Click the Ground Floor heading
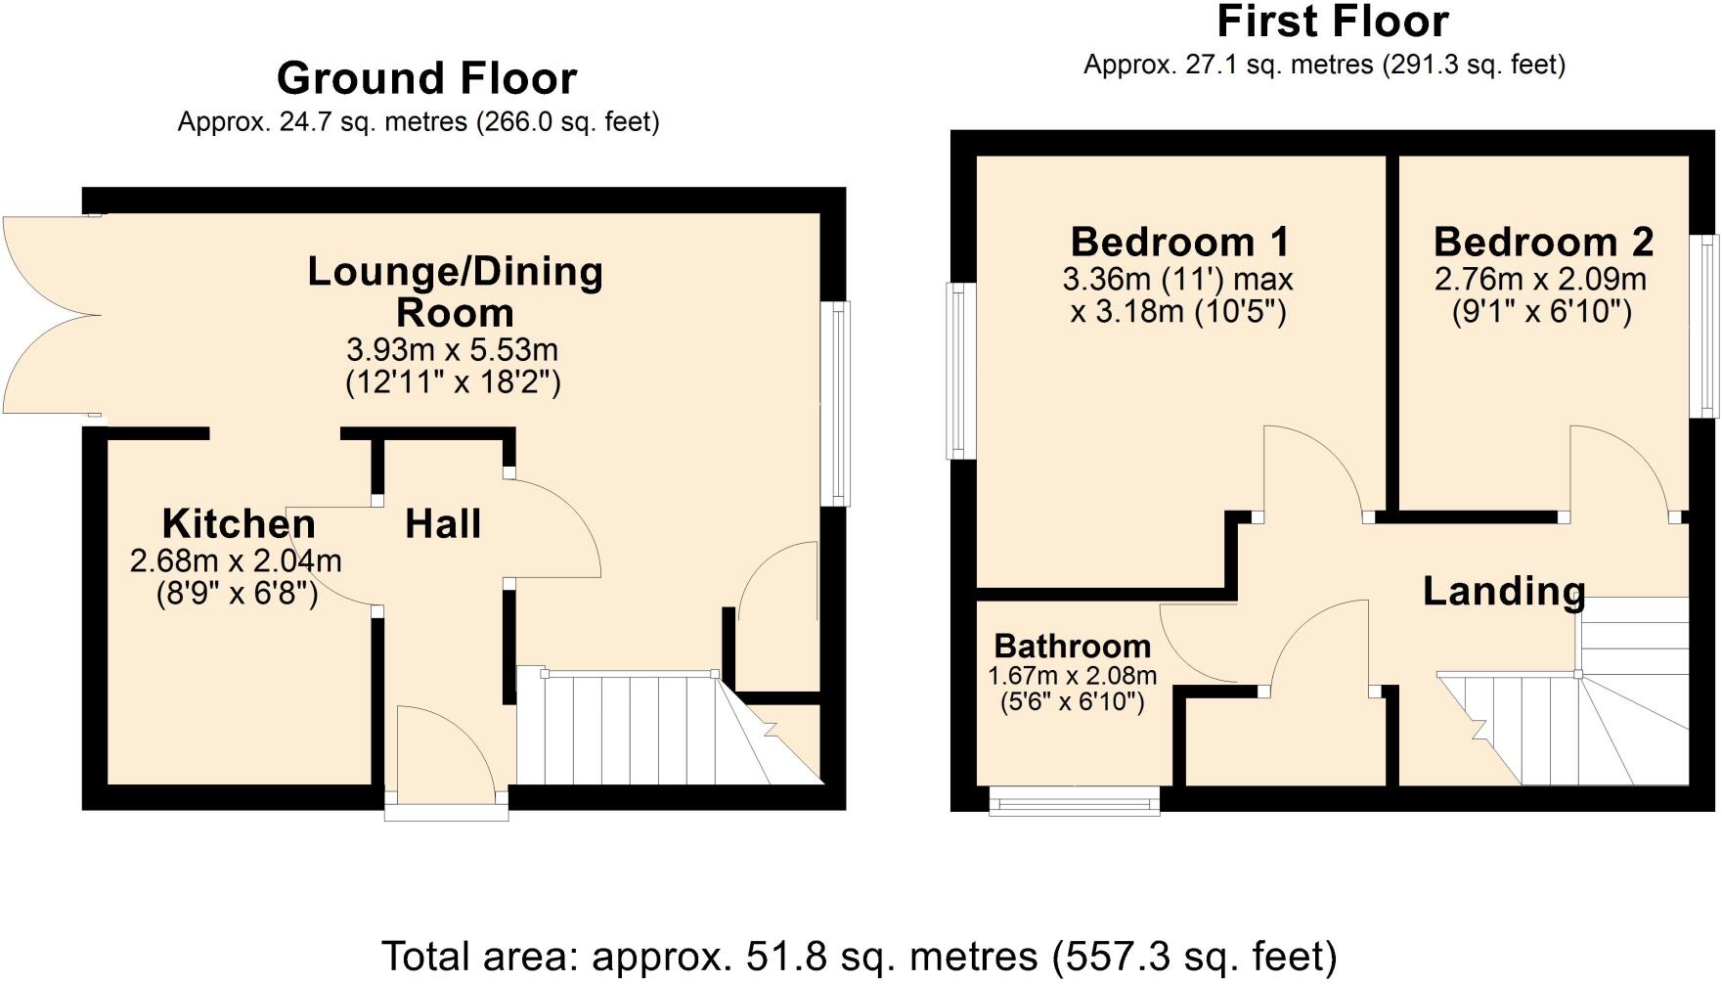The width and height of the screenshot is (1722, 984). click(x=426, y=78)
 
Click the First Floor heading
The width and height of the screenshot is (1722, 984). click(x=1332, y=22)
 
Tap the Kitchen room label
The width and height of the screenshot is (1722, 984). click(x=239, y=524)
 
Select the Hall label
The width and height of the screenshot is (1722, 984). click(x=443, y=524)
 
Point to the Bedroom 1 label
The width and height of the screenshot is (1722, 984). click(x=1179, y=242)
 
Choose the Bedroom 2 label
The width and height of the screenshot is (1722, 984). click(x=1543, y=242)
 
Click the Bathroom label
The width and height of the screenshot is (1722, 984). click(x=1072, y=647)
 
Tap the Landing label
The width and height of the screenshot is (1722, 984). click(x=1503, y=591)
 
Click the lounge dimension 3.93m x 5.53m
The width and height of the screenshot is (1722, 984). click(x=453, y=349)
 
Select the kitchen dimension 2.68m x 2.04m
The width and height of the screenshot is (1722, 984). click(x=236, y=561)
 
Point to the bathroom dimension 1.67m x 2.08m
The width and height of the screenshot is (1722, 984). click(x=1072, y=676)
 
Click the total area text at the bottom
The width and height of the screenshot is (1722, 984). click(x=859, y=956)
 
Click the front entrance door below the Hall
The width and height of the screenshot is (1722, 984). click(x=445, y=758)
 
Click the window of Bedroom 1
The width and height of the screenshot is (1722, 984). click(x=960, y=371)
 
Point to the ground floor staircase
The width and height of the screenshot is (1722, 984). click(x=636, y=729)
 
